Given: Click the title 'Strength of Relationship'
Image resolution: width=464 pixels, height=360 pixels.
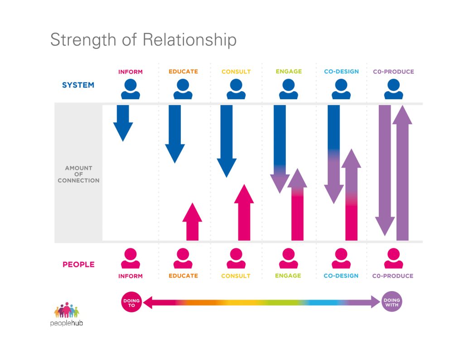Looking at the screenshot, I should click(143, 39).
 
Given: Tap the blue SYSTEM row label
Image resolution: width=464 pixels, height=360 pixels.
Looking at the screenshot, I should click(78, 85).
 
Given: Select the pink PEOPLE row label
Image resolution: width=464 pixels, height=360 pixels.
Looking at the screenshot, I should click(78, 264).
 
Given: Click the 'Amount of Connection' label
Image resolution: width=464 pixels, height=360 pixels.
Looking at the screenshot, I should click(78, 174).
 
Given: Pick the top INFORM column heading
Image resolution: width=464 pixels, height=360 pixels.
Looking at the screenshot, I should click(130, 72).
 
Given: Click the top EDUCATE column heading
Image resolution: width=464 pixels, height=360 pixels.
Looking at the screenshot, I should click(183, 72).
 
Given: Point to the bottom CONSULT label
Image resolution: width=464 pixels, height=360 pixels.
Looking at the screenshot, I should click(236, 276).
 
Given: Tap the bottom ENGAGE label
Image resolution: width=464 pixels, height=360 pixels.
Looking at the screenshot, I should click(288, 276).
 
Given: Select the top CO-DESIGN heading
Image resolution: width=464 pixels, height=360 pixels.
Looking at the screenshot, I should click(341, 72).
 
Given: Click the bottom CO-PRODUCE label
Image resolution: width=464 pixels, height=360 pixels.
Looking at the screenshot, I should click(393, 276).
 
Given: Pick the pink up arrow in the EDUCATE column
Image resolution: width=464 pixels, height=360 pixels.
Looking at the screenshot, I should click(192, 222).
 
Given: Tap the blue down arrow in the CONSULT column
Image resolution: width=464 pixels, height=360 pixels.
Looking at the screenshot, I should click(227, 141).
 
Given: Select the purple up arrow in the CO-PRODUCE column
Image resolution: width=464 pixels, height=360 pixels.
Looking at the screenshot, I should click(402, 172).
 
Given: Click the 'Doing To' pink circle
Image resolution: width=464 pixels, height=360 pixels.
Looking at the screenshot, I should click(131, 302).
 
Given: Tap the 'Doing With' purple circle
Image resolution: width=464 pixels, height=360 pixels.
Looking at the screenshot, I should click(391, 302).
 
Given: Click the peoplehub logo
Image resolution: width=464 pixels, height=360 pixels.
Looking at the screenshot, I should click(67, 314).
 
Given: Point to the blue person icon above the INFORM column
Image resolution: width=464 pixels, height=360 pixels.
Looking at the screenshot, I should click(130, 89).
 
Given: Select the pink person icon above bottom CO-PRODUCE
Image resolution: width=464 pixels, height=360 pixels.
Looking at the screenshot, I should click(393, 259).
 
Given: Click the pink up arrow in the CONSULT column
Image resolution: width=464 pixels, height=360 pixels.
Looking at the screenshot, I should click(244, 213).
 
